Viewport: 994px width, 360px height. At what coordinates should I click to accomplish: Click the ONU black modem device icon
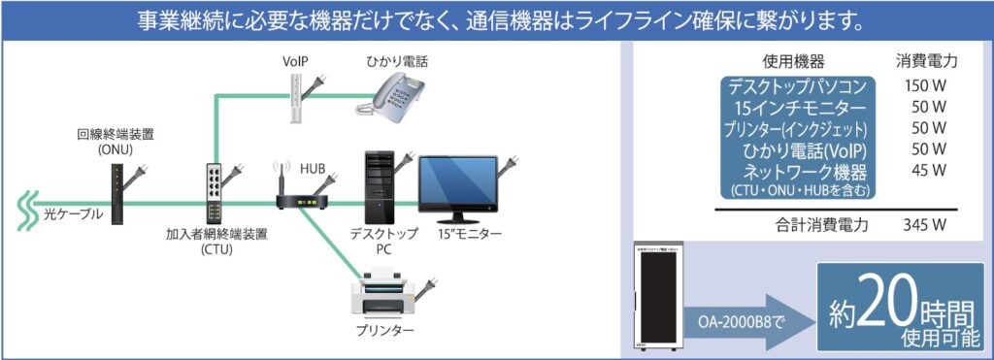point(116,193)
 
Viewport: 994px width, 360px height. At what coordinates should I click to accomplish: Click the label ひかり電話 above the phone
point(397,61)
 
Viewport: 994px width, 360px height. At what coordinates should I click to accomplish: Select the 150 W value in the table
point(926,85)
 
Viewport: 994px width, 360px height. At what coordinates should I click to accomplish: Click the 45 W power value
point(926,171)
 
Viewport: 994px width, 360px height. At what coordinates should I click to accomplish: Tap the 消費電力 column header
point(926,61)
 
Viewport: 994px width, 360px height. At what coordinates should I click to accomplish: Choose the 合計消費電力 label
point(821,225)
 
